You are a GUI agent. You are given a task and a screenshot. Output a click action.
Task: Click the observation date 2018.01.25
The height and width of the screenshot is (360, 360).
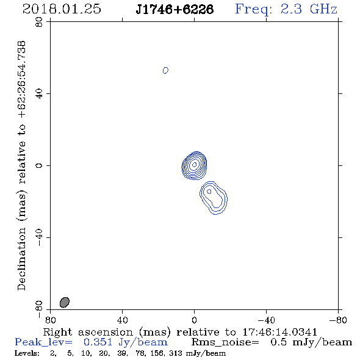(x=62, y=9)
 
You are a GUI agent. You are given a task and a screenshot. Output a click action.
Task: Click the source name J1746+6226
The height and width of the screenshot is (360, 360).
(x=175, y=9)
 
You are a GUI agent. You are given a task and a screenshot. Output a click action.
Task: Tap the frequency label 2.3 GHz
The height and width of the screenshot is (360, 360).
(x=309, y=9)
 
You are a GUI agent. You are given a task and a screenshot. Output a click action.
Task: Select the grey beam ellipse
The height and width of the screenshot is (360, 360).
(x=65, y=302)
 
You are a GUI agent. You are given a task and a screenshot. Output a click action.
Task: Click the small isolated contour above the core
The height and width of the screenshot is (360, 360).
(x=165, y=70)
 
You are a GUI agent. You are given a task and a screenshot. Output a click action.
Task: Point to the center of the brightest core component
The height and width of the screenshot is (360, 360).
(x=194, y=165)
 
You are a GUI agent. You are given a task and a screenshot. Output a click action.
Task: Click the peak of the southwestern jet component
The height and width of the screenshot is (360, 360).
(x=209, y=192)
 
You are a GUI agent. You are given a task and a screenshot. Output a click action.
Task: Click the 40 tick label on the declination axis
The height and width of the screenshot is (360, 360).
(x=39, y=94)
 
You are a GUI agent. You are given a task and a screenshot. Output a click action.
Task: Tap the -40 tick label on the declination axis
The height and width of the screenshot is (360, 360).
(x=39, y=237)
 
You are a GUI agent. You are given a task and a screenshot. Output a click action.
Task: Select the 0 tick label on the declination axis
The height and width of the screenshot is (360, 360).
(x=39, y=165)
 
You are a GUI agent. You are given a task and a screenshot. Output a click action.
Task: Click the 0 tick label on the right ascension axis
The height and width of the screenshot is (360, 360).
(x=194, y=320)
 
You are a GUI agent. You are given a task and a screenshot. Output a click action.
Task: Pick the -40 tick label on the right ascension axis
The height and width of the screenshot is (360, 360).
(x=266, y=320)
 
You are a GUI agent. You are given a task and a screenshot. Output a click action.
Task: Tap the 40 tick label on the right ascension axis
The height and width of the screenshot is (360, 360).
(x=122, y=320)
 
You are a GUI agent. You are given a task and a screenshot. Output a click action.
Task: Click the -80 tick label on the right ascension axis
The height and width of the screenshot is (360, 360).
(x=338, y=320)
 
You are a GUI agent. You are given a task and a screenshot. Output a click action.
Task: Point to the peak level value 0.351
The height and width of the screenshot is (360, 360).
(x=98, y=342)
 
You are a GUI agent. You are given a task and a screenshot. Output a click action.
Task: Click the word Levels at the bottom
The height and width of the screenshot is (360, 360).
(x=27, y=353)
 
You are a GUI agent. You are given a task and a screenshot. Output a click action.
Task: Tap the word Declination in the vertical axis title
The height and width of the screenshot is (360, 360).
(x=21, y=259)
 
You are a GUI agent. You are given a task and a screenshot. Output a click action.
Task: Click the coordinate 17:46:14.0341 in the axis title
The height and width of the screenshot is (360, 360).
(x=279, y=332)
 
